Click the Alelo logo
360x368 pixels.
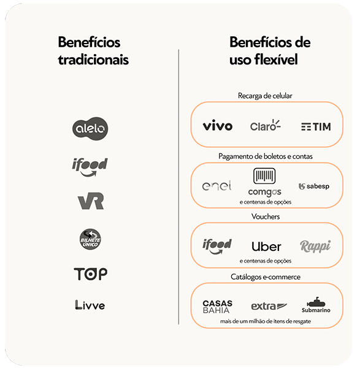[90, 129]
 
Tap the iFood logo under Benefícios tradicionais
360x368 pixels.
[90, 167]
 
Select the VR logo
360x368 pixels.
[91, 201]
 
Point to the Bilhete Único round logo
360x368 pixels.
[90, 239]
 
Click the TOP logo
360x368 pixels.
[91, 274]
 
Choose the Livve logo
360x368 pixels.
[90, 305]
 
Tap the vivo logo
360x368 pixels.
[218, 125]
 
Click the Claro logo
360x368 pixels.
[265, 125]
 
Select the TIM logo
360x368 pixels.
[316, 127]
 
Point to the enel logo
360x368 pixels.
[216, 185]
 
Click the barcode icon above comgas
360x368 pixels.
[264, 175]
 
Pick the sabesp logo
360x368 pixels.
[314, 186]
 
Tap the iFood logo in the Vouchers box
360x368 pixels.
[217, 246]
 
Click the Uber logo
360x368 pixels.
[266, 247]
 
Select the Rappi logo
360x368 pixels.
[315, 247]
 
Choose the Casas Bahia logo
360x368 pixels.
[217, 307]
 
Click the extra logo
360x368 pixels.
[269, 306]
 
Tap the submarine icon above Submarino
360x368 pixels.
[316, 302]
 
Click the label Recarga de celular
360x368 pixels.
[265, 96]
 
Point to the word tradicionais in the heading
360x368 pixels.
[93, 59]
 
